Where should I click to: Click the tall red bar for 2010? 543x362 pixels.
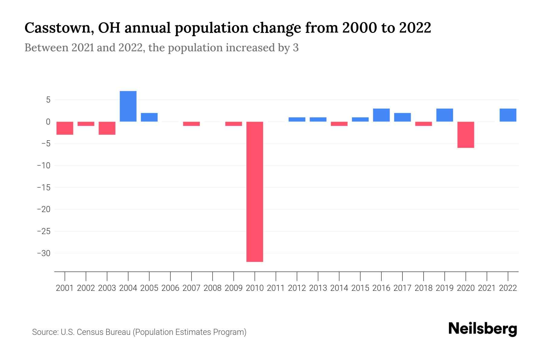pos(255,192)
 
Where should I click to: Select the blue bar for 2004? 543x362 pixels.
pos(128,106)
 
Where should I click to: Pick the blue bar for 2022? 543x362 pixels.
pos(508,115)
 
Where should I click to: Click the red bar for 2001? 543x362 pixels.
pos(65,128)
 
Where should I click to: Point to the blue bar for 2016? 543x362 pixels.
pos(381,115)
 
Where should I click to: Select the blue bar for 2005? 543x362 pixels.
pos(149,117)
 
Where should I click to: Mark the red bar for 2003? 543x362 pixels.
pos(107,128)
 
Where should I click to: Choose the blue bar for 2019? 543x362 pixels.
pos(444,115)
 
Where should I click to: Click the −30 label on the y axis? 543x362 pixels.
pos(43,253)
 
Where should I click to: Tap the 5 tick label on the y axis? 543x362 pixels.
pos(48,100)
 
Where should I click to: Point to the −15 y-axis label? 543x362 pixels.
pos(43,187)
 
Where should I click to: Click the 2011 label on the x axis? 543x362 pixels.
pos(276,288)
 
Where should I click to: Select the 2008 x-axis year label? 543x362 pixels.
pos(212,288)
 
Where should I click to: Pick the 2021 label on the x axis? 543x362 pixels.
pos(487,288)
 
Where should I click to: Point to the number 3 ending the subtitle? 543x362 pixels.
pos(296,48)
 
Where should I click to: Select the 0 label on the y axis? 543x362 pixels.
pos(48,122)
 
